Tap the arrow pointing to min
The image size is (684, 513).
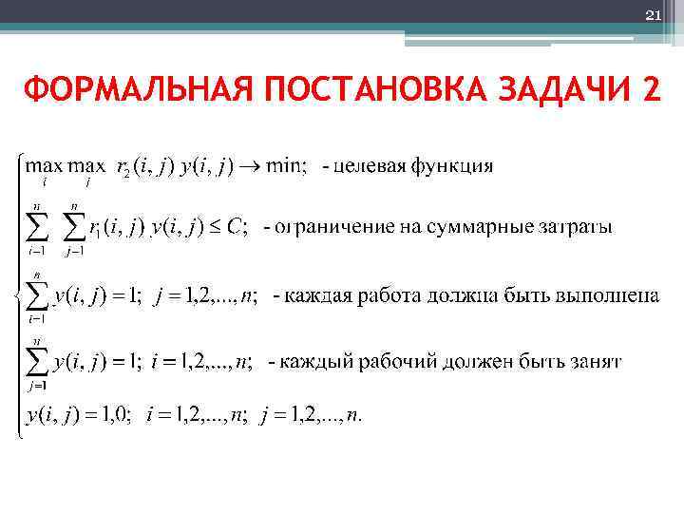(249, 167)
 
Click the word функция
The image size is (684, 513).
(452, 167)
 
